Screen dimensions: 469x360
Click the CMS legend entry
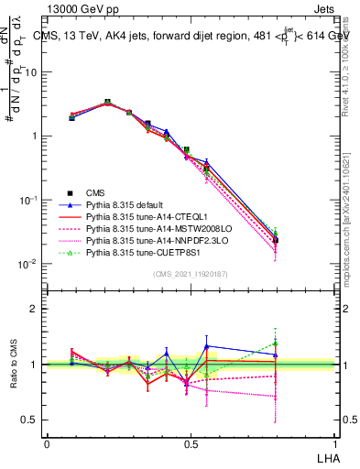[96, 192]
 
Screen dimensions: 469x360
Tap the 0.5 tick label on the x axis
[190, 443]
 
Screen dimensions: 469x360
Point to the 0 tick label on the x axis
[47, 443]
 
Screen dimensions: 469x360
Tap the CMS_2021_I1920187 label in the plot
[191, 274]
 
